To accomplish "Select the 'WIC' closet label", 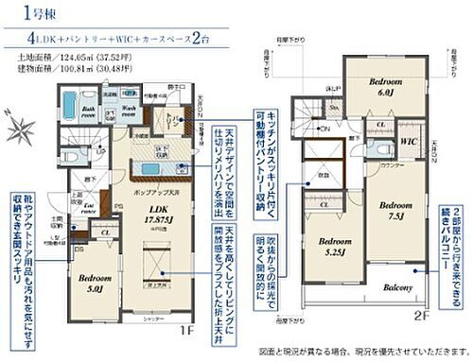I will [x=410, y=142].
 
